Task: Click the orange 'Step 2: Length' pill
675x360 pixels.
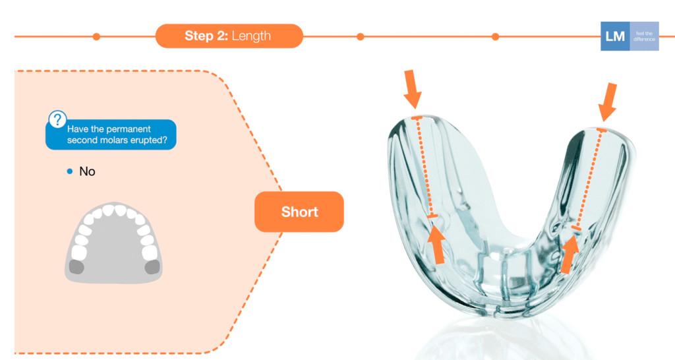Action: [x=229, y=36]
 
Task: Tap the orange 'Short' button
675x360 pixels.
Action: [x=299, y=212]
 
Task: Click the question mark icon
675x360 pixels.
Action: [x=57, y=119]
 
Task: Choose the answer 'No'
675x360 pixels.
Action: [x=87, y=171]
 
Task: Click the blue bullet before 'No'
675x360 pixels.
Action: [x=70, y=171]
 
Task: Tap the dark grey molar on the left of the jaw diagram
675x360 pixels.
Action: [x=77, y=266]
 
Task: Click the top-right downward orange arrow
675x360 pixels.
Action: [x=608, y=101]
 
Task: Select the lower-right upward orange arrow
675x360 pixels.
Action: [x=569, y=254]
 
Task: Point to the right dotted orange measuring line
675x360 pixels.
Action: [x=589, y=178]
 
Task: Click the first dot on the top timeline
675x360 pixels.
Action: [x=96, y=36]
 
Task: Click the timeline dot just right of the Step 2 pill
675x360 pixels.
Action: [x=360, y=36]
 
